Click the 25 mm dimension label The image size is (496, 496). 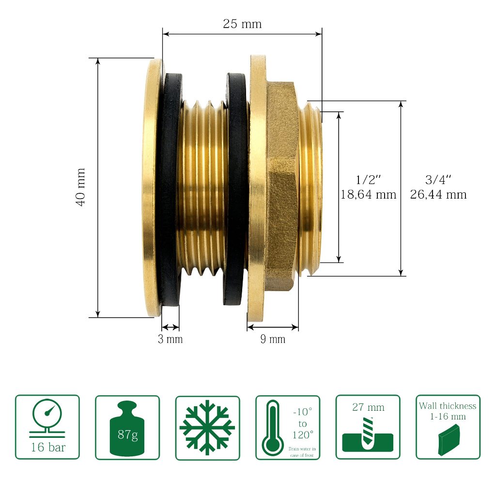click(242, 24)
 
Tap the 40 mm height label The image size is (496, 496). click(81, 187)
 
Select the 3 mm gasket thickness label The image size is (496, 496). click(170, 339)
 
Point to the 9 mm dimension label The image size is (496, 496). click(273, 339)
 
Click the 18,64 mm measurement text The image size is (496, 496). click(368, 194)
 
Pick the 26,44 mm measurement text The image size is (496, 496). click(438, 194)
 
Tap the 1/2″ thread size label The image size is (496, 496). click(368, 180)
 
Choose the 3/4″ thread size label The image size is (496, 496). click(438, 180)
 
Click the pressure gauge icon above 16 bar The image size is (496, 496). click(47, 418)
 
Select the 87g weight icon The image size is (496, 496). click(127, 428)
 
